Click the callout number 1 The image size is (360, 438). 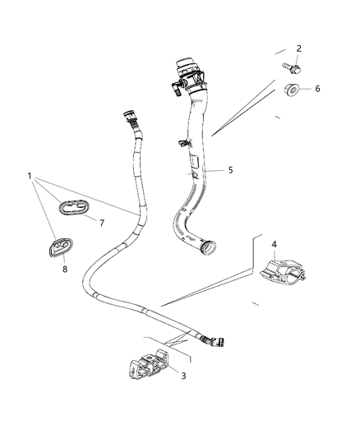(x=30, y=175)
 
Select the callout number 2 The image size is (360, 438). (x=298, y=48)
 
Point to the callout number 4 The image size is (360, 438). (x=274, y=243)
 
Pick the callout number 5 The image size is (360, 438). (x=231, y=171)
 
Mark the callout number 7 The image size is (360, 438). (x=102, y=223)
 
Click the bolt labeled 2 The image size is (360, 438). (x=290, y=63)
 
